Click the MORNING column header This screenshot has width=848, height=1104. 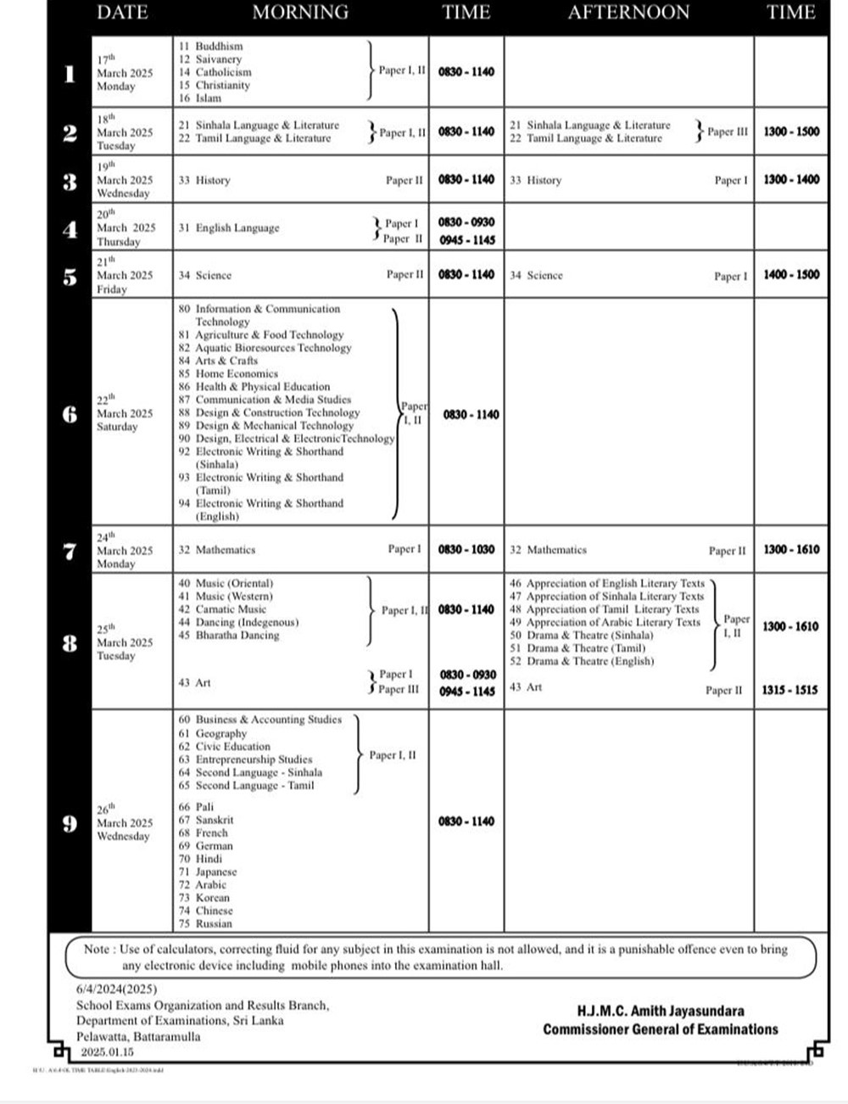coord(300,13)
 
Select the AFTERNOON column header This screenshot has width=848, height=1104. coord(628,13)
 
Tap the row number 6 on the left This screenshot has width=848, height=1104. coord(70,414)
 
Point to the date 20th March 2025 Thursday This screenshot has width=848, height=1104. coord(126,228)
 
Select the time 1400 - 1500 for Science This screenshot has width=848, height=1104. coord(791,275)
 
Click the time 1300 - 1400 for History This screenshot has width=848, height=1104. coord(791,180)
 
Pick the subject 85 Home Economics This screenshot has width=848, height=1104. coord(228,373)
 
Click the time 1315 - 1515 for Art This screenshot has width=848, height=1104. coord(789,691)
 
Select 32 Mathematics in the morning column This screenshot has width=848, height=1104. coord(217,550)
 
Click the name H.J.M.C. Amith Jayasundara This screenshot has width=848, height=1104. coord(660,1012)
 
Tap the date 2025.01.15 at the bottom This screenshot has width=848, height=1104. coord(107,1052)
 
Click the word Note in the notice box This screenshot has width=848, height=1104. coord(97,950)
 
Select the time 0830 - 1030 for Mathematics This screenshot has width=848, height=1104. coord(466,550)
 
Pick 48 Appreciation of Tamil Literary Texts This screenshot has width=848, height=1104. coord(605,609)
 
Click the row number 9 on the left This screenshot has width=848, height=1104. coord(70,823)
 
